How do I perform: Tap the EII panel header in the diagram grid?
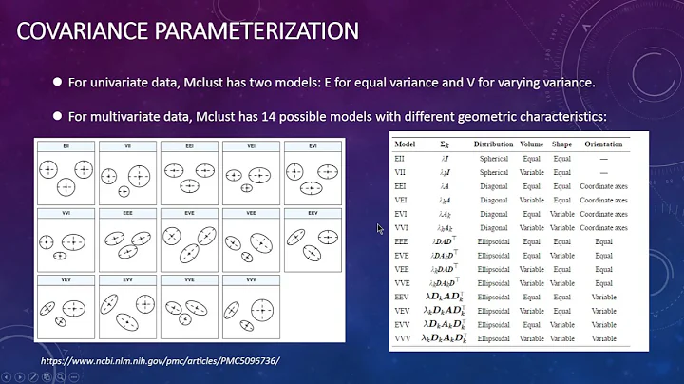[66, 146]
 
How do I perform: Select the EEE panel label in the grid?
[127, 214]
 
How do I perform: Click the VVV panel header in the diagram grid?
[252, 281]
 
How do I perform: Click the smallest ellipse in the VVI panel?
[61, 256]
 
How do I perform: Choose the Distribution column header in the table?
[495, 144]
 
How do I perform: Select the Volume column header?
[533, 144]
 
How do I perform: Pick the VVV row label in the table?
[403, 337]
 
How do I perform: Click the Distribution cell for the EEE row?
[494, 241]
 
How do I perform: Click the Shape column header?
[562, 144]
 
